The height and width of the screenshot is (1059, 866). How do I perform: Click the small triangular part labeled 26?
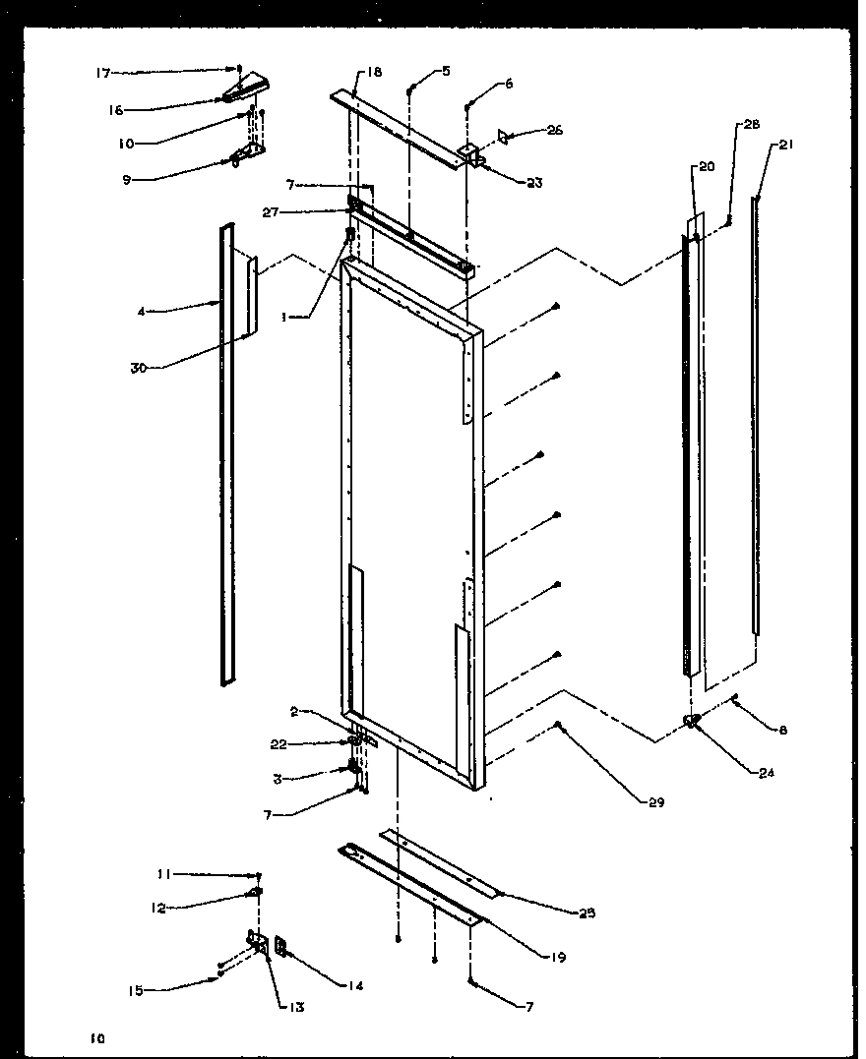[x=503, y=135]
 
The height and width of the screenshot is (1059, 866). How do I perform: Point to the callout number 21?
[x=785, y=145]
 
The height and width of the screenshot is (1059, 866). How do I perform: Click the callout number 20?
[x=707, y=167]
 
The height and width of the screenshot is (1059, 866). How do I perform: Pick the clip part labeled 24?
[x=693, y=723]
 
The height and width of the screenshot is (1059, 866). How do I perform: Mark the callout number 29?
[x=656, y=803]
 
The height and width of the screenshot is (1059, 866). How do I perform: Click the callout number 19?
[x=559, y=955]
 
